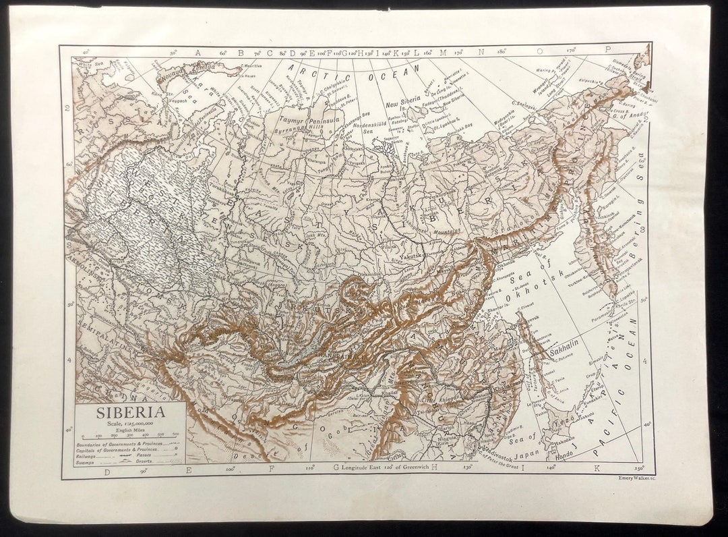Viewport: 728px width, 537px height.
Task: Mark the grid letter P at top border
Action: [607, 49]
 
